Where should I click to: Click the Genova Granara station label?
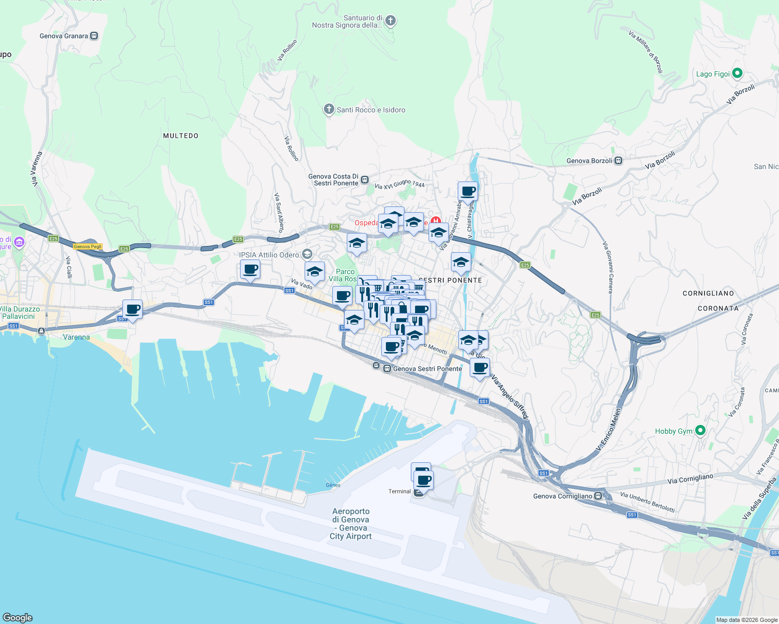(x=64, y=36)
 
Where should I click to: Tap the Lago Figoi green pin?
(x=737, y=73)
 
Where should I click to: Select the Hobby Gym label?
(x=674, y=431)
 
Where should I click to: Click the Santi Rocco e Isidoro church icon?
(x=329, y=109)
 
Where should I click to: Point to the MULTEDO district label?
(x=181, y=136)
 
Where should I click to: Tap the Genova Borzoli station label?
(x=589, y=161)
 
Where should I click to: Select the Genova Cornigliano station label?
(x=563, y=496)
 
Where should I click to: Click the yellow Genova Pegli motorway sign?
(x=87, y=246)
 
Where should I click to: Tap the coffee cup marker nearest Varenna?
(x=132, y=310)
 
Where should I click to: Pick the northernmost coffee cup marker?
(x=468, y=191)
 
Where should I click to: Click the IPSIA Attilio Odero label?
(x=269, y=255)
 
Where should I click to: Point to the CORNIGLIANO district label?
(x=708, y=293)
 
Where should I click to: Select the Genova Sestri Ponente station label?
(x=428, y=369)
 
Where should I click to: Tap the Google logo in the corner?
(x=17, y=617)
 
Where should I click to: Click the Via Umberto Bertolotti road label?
(x=647, y=502)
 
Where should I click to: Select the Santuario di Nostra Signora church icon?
(x=391, y=21)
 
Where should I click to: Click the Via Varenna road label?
(x=36, y=169)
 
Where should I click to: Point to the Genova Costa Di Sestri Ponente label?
(x=333, y=180)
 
